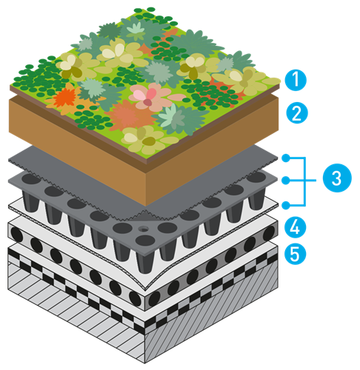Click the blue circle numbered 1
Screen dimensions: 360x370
[296, 80]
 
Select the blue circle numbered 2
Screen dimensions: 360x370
[297, 112]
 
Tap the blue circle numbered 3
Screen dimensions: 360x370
[337, 178]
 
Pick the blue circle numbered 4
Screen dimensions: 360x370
[295, 227]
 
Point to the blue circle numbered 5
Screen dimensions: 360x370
[295, 254]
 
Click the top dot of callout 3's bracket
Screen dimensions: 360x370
[286, 158]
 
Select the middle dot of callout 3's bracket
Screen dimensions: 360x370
[286, 181]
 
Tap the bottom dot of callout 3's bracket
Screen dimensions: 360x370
[286, 205]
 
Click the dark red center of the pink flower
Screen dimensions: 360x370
[148, 102]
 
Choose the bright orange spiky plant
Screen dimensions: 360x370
[64, 98]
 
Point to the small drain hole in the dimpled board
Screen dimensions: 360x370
[143, 229]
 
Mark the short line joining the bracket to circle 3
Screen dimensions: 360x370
[311, 181]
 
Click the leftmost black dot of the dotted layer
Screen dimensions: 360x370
[17, 235]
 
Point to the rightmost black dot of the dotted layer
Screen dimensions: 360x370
[269, 233]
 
